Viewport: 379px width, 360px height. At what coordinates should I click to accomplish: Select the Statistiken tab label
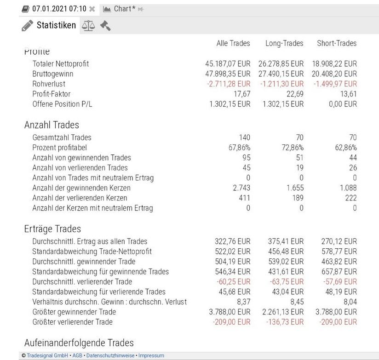56,25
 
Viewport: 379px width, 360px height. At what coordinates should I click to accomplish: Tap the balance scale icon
87,26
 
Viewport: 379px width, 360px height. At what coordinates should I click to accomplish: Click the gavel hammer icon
105,26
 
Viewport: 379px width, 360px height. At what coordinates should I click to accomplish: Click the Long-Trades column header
284,43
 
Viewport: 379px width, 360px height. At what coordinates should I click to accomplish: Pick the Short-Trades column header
337,43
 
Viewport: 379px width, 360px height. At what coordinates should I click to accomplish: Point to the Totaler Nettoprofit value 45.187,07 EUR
228,64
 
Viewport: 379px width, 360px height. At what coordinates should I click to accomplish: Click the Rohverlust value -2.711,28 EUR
229,84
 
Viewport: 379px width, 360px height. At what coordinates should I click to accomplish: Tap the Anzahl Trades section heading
52,125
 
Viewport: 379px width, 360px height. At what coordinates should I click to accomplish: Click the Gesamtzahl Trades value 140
244,137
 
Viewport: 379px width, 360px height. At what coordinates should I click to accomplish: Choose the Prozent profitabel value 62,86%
345,148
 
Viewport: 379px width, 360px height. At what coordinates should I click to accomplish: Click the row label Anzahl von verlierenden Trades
80,168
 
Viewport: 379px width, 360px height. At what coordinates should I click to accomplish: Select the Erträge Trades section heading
52,229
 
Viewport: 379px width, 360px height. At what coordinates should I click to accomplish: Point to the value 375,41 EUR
286,241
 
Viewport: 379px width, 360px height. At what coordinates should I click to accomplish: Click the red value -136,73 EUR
285,322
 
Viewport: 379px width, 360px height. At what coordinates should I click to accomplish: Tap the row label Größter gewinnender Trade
74,312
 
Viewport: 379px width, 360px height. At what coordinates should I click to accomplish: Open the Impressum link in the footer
151,355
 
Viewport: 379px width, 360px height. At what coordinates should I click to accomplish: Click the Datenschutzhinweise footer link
111,355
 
